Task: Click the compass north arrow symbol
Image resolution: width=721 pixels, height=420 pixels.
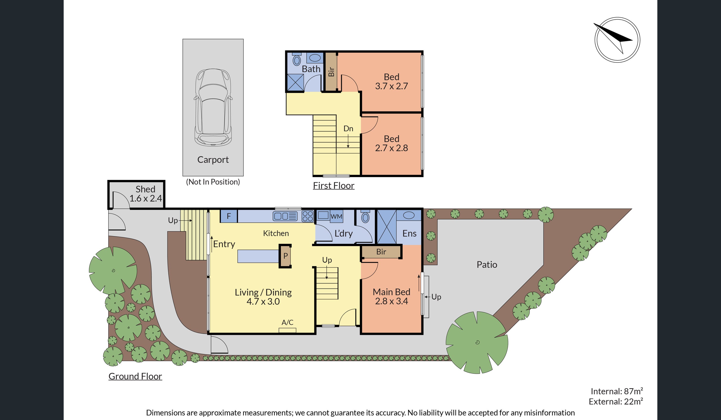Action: (x=617, y=40)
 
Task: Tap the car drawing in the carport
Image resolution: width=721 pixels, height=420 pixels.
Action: (x=213, y=108)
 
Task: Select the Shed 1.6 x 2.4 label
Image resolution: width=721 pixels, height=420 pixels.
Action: (x=146, y=194)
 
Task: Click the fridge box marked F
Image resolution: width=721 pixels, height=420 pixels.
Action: (x=229, y=216)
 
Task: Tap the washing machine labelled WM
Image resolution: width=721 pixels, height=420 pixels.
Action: (x=336, y=216)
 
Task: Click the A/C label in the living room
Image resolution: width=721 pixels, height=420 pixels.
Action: (x=288, y=322)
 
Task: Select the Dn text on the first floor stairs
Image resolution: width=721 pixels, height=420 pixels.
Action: (x=348, y=129)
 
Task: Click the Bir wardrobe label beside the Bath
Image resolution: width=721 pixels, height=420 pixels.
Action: (x=331, y=72)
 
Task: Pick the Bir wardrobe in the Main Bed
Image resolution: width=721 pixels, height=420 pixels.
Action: (x=381, y=252)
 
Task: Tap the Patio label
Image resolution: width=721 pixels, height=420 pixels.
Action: (x=487, y=265)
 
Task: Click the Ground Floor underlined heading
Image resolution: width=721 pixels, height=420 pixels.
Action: (x=135, y=376)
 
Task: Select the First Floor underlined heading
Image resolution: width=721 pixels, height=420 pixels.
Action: (x=334, y=185)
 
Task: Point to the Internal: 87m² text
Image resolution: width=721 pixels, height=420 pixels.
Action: (x=617, y=391)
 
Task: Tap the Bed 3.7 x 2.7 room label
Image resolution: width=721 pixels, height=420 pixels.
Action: (x=391, y=82)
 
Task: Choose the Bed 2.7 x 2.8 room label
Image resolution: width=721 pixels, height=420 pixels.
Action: (x=391, y=143)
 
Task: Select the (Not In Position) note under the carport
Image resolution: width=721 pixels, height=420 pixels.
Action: (x=213, y=182)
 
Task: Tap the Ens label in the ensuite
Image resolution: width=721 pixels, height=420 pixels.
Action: (x=409, y=233)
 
